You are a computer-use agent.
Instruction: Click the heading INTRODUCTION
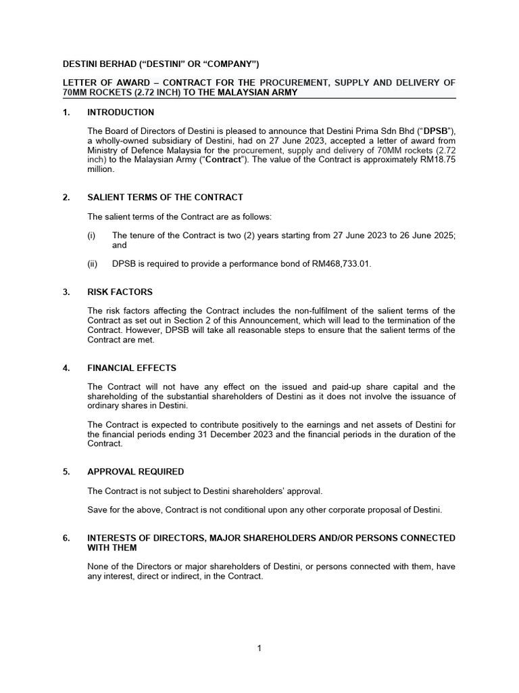tap(125, 112)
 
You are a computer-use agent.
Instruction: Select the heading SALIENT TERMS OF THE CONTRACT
tap(165, 198)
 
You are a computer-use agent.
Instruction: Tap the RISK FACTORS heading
tap(120, 292)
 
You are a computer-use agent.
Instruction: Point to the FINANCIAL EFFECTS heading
tap(132, 368)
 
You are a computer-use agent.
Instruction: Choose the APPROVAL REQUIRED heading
tap(135, 472)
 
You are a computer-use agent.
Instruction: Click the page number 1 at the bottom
tap(259, 648)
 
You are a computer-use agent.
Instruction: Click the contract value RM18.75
tap(435, 160)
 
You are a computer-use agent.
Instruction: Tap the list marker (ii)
tap(92, 264)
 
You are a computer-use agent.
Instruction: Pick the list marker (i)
tap(91, 236)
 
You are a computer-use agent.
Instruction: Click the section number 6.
tap(66, 538)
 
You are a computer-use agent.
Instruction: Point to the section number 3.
tap(66, 292)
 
